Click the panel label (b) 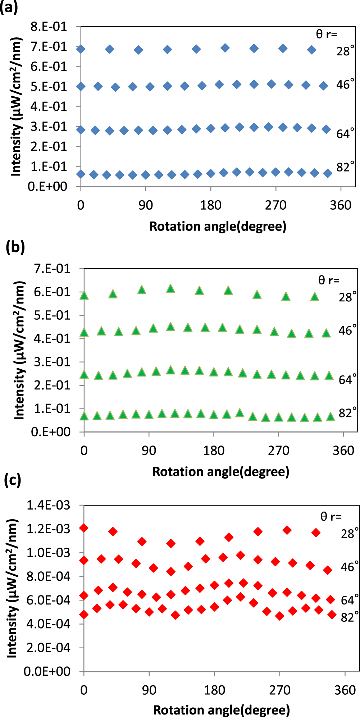tap(15, 248)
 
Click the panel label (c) tap(12, 480)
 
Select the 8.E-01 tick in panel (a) tap(49, 27)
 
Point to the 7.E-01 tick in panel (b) tap(52, 269)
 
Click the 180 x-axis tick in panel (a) tap(211, 205)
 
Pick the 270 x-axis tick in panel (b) tap(278, 451)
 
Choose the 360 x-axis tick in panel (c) tap(345, 690)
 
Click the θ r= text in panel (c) tap(331, 517)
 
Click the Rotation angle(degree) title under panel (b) tap(221, 471)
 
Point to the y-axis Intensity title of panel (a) tap(16, 106)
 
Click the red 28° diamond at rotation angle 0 tap(84, 528)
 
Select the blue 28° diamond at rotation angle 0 tap(81, 49)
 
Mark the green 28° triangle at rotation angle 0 tap(84, 296)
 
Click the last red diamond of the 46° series tap(328, 570)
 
